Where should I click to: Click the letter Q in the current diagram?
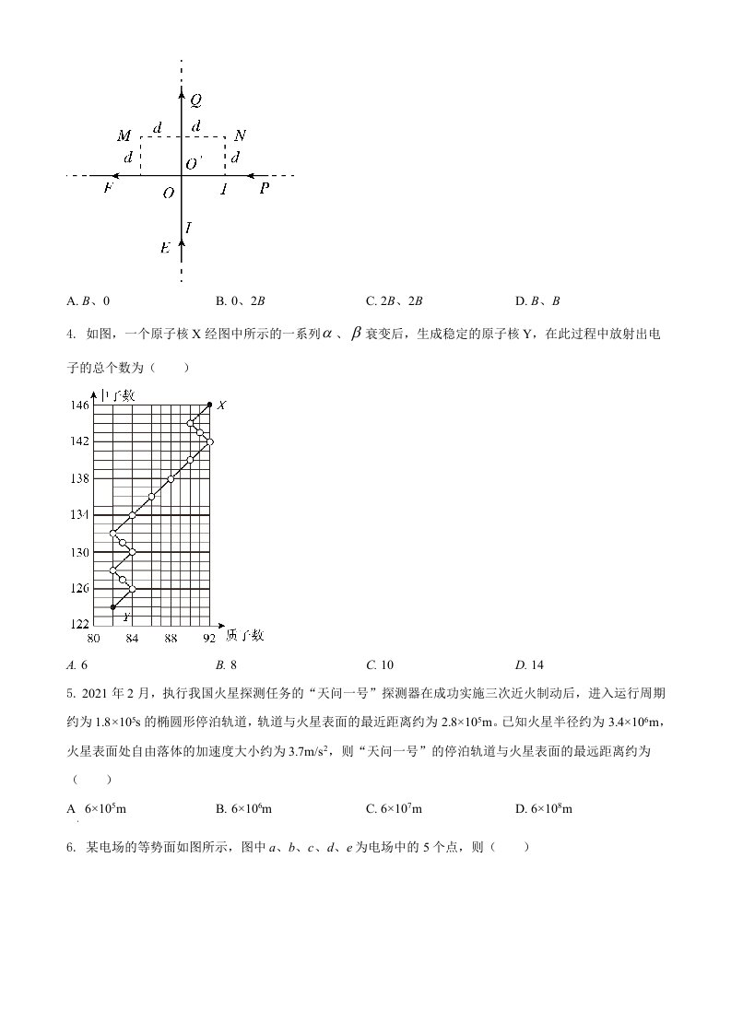click(x=196, y=99)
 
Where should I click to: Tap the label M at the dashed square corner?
click(x=124, y=137)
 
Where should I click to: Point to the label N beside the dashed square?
click(x=240, y=136)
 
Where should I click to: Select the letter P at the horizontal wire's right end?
click(x=265, y=189)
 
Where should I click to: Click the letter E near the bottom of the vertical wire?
click(x=165, y=247)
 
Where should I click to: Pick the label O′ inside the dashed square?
click(x=193, y=163)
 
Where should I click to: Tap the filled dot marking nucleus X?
click(x=209, y=405)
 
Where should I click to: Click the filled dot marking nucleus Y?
click(x=113, y=606)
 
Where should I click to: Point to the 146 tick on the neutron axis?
click(x=79, y=405)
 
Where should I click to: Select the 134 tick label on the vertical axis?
click(x=79, y=514)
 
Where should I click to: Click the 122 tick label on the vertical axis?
click(x=79, y=624)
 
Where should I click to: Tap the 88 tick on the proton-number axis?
click(x=171, y=638)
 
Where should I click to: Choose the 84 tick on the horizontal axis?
click(x=132, y=638)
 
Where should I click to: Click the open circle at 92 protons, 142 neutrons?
click(x=209, y=442)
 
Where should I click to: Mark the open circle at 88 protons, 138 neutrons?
click(x=171, y=478)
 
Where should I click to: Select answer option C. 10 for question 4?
click(x=380, y=664)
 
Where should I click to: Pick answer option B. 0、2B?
click(x=241, y=300)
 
